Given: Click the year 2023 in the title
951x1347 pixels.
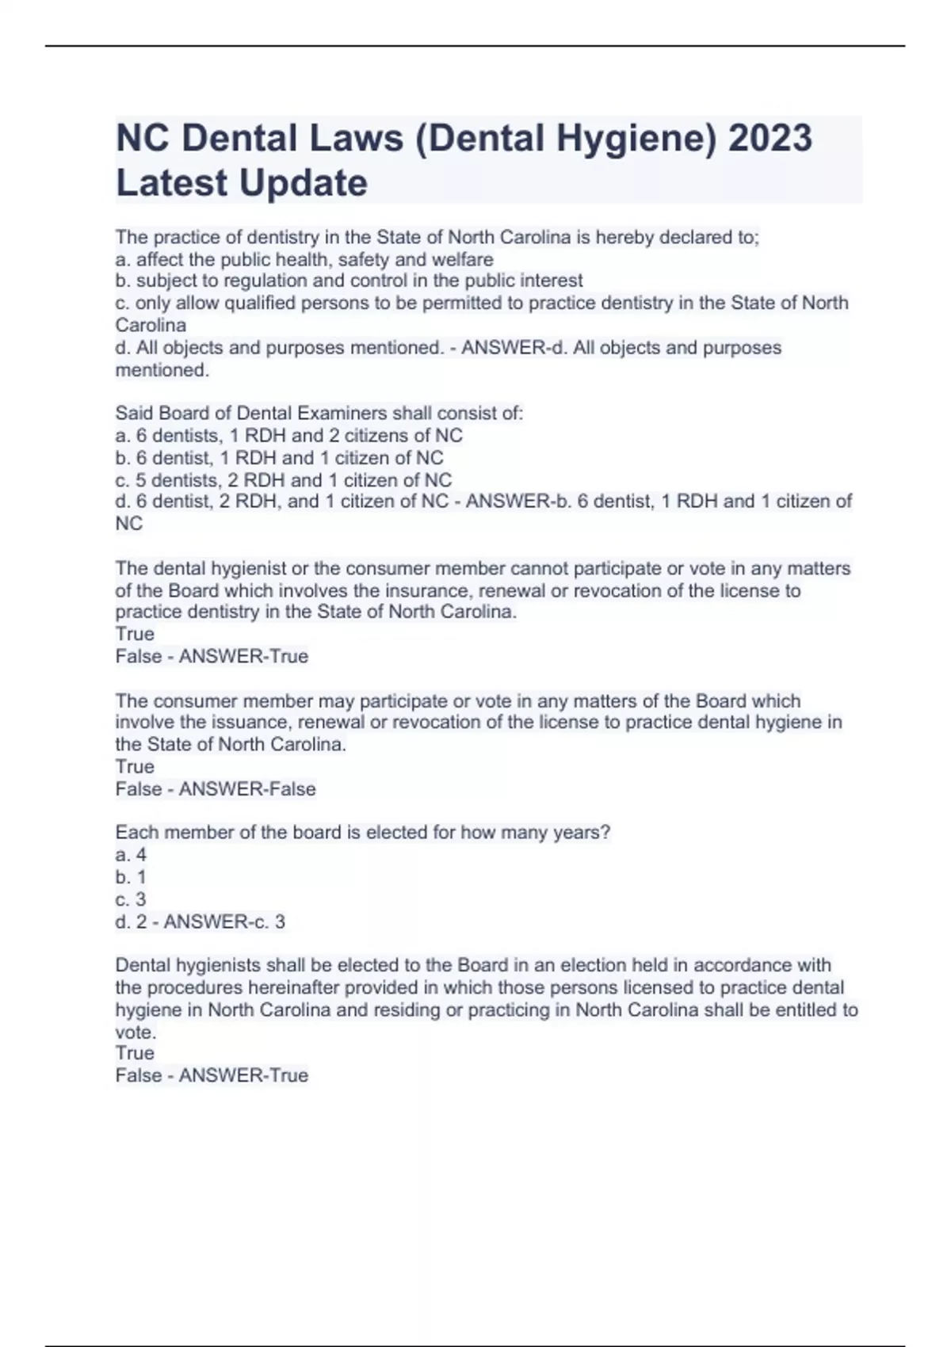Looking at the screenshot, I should (x=770, y=138).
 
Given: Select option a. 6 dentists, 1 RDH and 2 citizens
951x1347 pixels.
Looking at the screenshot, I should (x=288, y=435).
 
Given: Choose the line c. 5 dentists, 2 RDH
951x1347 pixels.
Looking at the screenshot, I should (x=283, y=480).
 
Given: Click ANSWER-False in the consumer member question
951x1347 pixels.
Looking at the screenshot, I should (x=247, y=789).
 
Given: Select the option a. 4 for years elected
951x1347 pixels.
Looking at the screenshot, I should (x=131, y=855).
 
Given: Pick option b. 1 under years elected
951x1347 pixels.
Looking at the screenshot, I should (x=131, y=877).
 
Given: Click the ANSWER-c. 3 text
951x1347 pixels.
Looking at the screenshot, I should (x=224, y=922).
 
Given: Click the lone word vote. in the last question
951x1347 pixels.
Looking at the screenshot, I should (x=136, y=1032).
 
